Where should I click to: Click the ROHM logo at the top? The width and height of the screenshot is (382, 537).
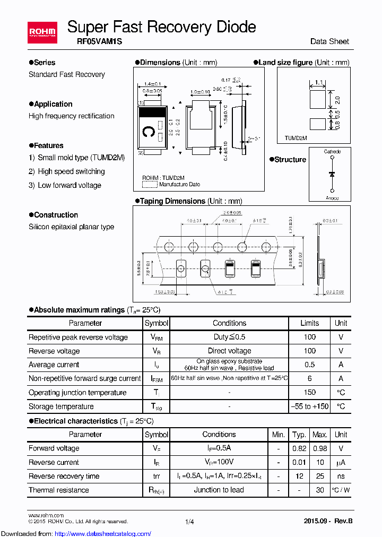point(42,33)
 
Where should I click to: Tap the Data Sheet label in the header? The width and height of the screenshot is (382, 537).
point(329,41)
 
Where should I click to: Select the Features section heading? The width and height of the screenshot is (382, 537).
point(48,145)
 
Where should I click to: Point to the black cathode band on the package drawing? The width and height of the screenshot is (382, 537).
point(152,111)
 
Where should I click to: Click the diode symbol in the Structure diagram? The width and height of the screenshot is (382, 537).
point(332,174)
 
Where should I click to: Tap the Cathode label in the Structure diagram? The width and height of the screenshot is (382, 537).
point(332,152)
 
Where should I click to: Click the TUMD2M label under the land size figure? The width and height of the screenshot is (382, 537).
point(296,138)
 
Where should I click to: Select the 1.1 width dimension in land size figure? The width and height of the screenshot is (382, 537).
point(318,82)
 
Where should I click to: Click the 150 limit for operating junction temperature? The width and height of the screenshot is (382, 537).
point(310,393)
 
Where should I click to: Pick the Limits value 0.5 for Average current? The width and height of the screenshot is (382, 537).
point(310,365)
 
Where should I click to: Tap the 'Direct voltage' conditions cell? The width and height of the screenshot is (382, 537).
point(229,351)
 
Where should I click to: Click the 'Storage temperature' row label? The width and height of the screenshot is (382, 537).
point(61,406)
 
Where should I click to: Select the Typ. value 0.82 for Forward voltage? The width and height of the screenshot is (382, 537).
point(299,448)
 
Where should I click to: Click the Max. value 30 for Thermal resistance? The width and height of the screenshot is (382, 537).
point(320,490)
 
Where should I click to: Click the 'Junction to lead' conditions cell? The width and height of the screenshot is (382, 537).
point(219,490)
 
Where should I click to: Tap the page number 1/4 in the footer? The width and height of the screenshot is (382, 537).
point(189,522)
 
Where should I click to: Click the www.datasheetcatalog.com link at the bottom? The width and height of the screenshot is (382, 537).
point(68,533)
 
